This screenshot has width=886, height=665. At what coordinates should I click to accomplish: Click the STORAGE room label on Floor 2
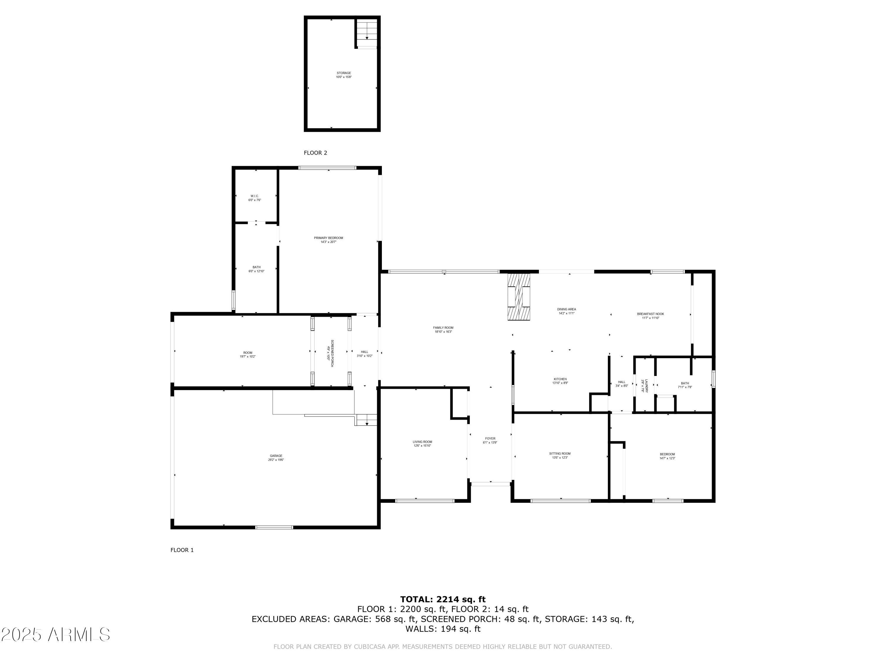click(x=344, y=73)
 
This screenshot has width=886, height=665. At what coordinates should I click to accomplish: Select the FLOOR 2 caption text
click(x=315, y=153)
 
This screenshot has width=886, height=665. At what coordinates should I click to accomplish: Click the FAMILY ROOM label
click(x=443, y=328)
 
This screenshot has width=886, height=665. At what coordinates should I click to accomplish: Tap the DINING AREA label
click(x=566, y=309)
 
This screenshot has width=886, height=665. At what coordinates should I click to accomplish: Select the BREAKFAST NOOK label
click(x=650, y=314)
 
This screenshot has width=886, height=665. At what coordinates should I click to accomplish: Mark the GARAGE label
click(x=276, y=456)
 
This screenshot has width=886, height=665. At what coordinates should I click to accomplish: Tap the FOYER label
click(x=490, y=439)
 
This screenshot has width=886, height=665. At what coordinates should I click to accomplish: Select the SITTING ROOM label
click(x=560, y=454)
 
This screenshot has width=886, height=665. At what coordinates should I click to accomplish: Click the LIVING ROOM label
click(x=422, y=442)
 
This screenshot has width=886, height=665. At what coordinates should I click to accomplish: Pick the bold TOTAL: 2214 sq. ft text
click(x=443, y=599)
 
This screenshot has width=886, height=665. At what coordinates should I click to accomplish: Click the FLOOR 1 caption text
click(x=182, y=550)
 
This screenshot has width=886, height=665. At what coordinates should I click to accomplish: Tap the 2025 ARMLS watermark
click(x=55, y=635)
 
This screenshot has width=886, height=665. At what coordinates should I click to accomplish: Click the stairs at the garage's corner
click(x=367, y=420)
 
